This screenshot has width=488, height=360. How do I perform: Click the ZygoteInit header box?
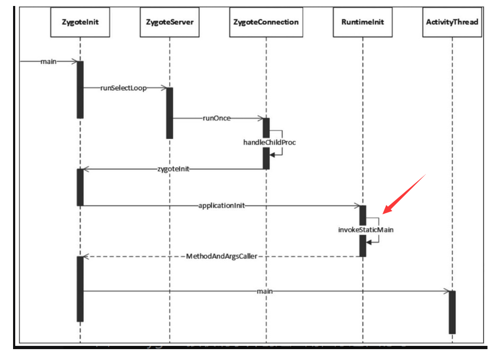pos(80,22)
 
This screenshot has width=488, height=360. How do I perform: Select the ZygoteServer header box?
pos(170,22)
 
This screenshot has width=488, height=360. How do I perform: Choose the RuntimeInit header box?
pos(362,22)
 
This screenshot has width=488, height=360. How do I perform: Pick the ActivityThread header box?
pos(452,22)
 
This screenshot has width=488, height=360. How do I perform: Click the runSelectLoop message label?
pos(123,88)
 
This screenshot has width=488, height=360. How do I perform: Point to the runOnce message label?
pos(217,117)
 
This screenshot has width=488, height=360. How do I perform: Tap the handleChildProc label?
pos(269,142)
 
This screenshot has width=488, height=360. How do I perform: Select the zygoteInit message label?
pos(173,169)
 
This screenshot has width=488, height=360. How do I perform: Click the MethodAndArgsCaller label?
pos(221,256)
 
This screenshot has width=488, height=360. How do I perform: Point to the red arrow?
pos(405,193)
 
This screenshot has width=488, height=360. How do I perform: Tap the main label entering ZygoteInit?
pos(48,61)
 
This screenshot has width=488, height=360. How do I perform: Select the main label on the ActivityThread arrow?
pos(264,291)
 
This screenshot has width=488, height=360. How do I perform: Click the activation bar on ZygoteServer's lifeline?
pos(170,113)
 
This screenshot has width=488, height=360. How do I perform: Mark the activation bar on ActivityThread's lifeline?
pos(452,312)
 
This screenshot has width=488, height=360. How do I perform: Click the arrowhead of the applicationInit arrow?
pos(356,206)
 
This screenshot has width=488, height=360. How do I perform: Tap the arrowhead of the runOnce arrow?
pos(260,117)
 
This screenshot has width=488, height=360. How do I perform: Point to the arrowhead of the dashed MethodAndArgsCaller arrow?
pos(86,256)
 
